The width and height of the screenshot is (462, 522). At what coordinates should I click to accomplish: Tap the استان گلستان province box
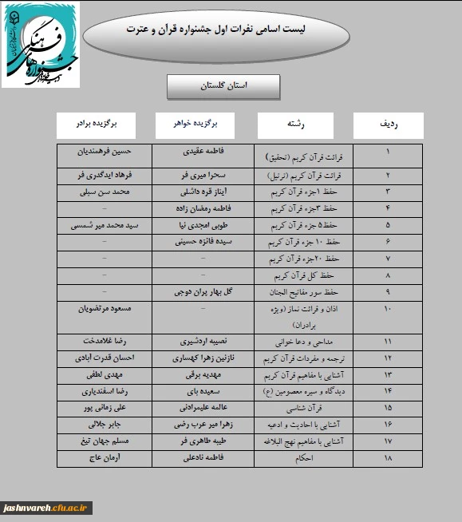(x=223, y=85)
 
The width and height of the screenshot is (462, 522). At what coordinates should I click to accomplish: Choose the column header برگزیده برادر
(x=97, y=125)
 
